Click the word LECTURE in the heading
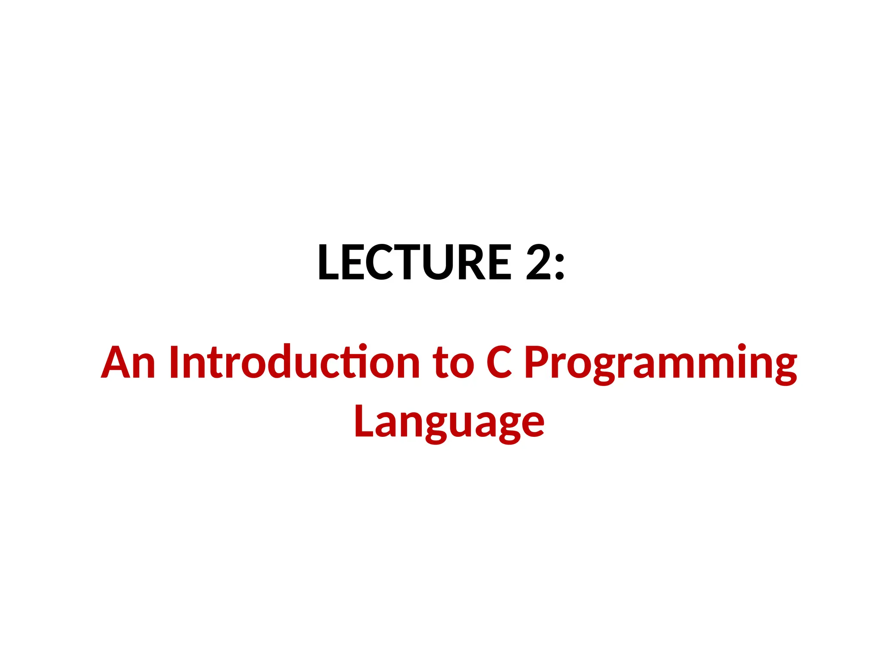(x=414, y=262)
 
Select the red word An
(x=128, y=363)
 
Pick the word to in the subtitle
(x=453, y=363)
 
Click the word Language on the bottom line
(x=449, y=422)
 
